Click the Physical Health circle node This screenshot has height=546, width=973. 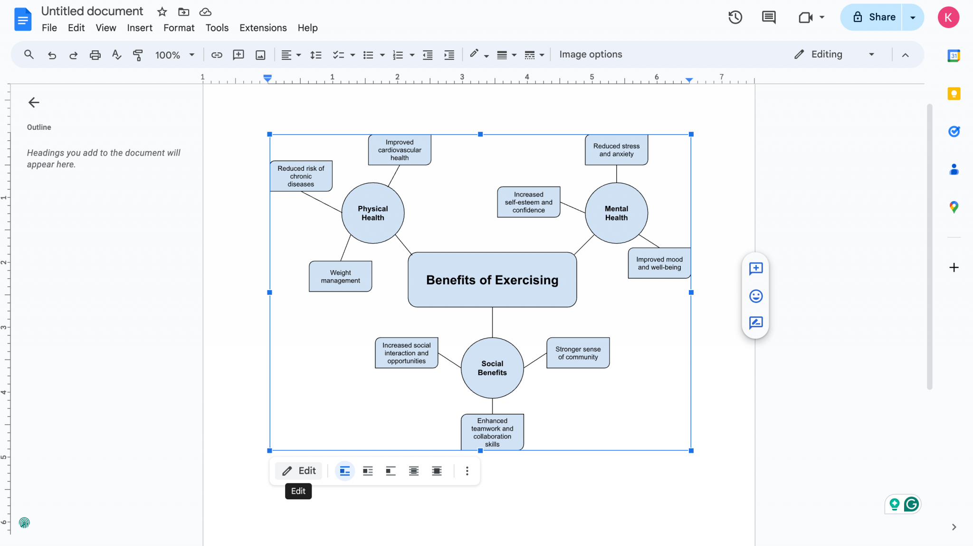tap(372, 213)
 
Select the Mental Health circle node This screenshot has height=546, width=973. tap(616, 213)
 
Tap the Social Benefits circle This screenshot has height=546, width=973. tap(492, 368)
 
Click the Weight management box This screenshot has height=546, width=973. tap(340, 276)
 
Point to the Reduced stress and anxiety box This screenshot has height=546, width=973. tap(616, 150)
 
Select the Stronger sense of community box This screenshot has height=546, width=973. tap(578, 353)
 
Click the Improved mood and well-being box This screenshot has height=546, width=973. tap(659, 263)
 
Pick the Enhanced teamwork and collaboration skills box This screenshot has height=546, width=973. tap(492, 432)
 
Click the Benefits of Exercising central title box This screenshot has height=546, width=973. tap(492, 280)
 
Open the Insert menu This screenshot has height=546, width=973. tap(140, 28)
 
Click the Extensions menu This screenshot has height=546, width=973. tap(263, 28)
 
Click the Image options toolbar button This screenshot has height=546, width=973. tap(591, 54)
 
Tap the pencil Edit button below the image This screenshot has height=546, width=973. tap(299, 471)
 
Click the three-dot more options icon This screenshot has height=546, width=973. tap(467, 471)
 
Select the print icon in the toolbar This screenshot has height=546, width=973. tap(95, 55)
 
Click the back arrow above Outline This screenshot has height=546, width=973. tap(34, 102)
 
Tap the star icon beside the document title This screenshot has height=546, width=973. tap(162, 12)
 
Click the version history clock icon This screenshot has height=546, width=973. tap(735, 17)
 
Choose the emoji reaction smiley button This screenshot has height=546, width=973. tap(755, 296)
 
